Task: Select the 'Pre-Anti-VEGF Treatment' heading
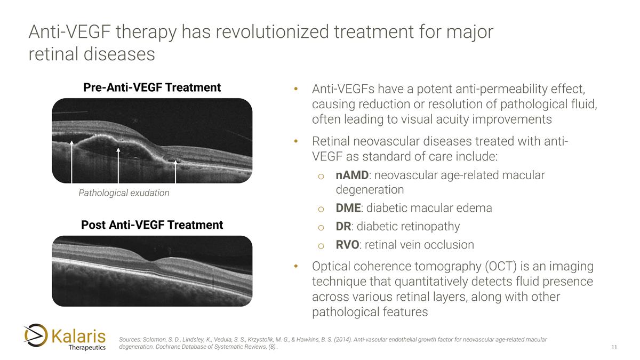point(152,87)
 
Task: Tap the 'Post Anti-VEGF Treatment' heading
point(152,225)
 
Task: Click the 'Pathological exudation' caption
point(124,193)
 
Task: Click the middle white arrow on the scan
point(118,165)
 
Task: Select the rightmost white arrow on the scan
point(176,171)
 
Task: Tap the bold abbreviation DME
point(348,208)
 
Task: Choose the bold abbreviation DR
point(343,227)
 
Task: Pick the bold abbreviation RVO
point(347,245)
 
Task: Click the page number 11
point(614,348)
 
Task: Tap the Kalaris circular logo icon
point(36,335)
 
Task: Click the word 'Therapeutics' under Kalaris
point(87,348)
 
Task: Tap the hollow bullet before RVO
point(321,245)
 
